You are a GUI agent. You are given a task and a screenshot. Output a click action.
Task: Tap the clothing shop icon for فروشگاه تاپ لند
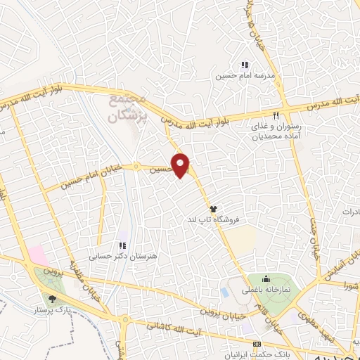click(x=213, y=209)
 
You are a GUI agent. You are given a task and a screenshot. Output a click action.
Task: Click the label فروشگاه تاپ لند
click(x=212, y=220)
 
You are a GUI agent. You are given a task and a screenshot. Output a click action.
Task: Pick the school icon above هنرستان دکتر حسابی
click(x=122, y=245)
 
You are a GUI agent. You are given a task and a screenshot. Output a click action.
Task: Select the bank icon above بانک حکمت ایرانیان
click(x=257, y=343)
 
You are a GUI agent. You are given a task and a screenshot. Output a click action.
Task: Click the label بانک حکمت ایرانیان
click(x=257, y=353)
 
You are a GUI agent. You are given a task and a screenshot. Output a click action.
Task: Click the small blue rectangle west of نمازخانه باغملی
click(x=224, y=291)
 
